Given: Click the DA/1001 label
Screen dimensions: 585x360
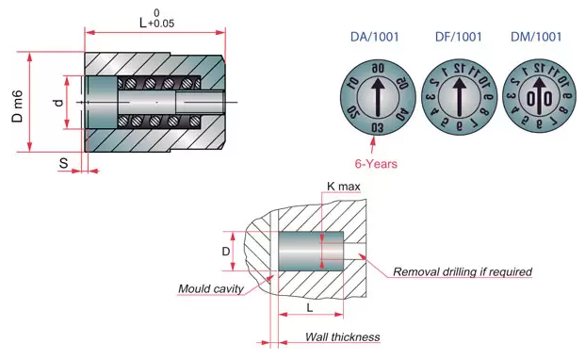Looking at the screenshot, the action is (375, 37).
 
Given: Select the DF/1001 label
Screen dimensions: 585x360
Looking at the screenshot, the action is (458, 37).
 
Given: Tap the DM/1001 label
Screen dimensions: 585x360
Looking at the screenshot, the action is (536, 37).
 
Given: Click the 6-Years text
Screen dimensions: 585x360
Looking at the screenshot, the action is (376, 164).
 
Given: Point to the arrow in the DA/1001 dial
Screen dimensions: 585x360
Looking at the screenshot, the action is (378, 96).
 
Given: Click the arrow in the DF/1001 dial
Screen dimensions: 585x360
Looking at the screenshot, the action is (460, 96).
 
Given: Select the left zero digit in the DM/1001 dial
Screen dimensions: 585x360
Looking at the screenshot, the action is (531, 99).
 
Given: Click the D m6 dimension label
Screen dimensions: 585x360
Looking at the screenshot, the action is (18, 106).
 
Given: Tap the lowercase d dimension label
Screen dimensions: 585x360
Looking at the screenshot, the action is (59, 103).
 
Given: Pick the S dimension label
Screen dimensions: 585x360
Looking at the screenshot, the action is (64, 163).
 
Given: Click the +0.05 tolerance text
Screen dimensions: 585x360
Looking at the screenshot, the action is (161, 24).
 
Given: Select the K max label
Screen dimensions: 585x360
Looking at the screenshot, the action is (343, 187).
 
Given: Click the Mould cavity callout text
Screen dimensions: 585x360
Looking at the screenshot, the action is (211, 288).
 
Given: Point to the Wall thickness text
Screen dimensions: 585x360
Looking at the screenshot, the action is (343, 336).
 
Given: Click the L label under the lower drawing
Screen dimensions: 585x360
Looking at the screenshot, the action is (310, 308).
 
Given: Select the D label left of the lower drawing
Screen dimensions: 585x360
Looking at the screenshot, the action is (226, 252).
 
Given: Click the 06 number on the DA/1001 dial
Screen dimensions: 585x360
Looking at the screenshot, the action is (378, 68).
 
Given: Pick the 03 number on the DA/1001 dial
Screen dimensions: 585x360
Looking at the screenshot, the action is (377, 128).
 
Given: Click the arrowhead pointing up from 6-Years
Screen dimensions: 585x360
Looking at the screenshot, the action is (373, 140).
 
